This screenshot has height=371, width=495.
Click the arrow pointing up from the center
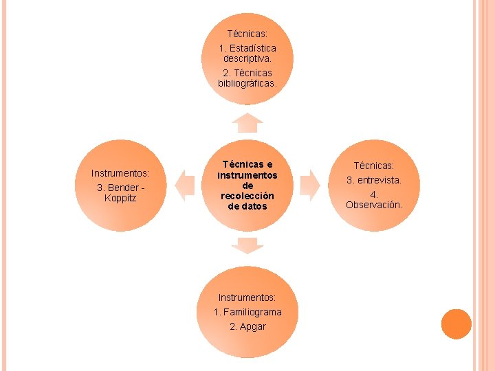(x=247, y=123)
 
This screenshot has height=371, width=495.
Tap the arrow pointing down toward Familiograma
(x=247, y=245)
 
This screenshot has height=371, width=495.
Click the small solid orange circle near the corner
(x=456, y=324)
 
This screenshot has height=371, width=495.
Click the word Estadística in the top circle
(x=252, y=49)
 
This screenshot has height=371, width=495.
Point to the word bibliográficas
(x=247, y=84)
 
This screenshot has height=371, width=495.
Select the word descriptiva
(x=247, y=59)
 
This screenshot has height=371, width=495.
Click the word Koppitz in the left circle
(x=120, y=199)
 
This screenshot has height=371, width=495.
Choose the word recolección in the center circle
(x=247, y=196)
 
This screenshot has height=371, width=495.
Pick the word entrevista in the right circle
(x=378, y=180)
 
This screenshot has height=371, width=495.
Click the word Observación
(x=374, y=205)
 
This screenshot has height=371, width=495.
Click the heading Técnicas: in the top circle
(x=247, y=33)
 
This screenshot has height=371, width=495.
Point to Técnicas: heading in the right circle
(x=374, y=166)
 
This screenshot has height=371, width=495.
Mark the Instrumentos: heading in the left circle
(x=120, y=173)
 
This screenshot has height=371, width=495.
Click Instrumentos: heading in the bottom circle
(x=247, y=297)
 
